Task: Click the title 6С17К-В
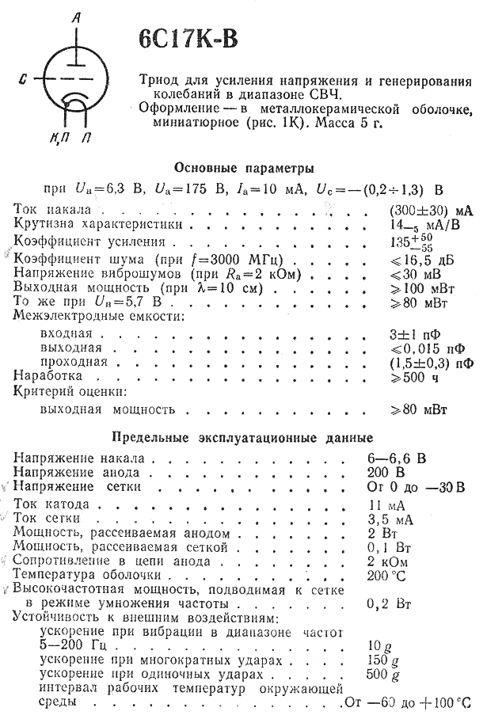click(187, 40)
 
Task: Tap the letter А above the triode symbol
click(75, 17)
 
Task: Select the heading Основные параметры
click(243, 168)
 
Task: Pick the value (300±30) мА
click(431, 211)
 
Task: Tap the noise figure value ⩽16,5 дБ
click(424, 258)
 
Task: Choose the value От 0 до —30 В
click(426, 486)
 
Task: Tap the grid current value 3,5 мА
click(413, 519)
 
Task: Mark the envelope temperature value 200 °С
click(409, 576)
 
